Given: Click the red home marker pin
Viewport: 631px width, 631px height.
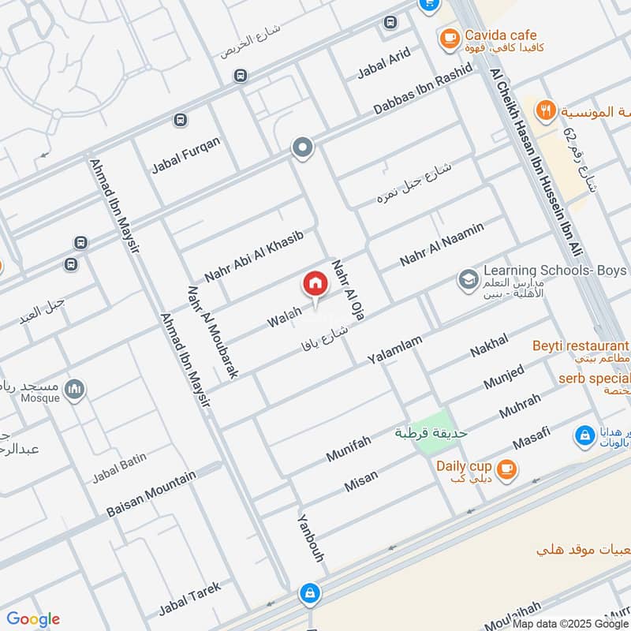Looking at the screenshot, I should coord(315,284).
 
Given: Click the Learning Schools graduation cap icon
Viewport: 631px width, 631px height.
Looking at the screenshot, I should coord(468,279).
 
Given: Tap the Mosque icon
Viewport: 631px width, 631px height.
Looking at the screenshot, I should coord(75,389).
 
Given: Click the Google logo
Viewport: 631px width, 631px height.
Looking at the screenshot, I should coord(33,619).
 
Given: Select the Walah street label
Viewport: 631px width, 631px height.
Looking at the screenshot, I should coord(284,319).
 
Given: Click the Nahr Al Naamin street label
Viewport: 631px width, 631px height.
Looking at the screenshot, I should coord(442,244).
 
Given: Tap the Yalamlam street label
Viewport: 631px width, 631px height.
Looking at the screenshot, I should coord(395,349).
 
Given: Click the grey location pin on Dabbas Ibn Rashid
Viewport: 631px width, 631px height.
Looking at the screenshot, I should coord(302,147).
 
